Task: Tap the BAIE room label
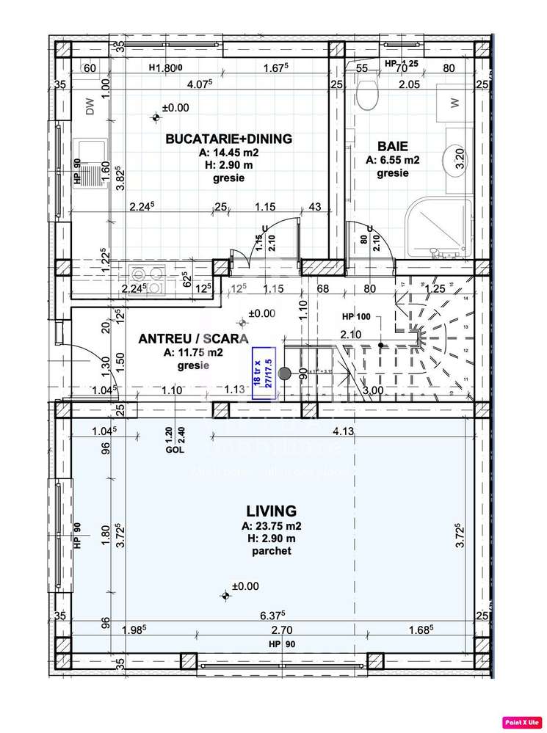coord(392,146)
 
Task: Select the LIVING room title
coord(271,511)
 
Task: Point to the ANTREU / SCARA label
coord(193,338)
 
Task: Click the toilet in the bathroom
coord(365,93)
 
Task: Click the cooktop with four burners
coord(147,281)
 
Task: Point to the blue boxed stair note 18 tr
coord(264,376)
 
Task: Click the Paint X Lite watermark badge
coord(521,721)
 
